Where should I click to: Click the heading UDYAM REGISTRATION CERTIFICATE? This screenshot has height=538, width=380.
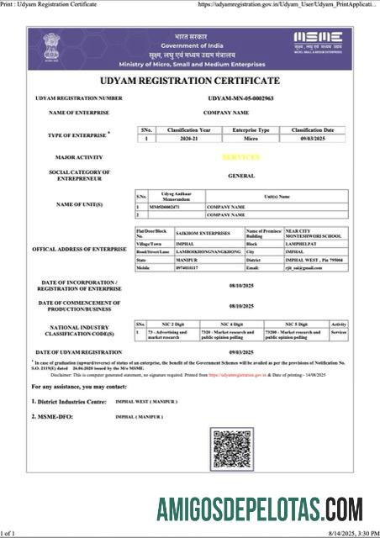click(190, 81)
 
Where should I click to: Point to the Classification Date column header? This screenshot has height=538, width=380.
click(313, 130)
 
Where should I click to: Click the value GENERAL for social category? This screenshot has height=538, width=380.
click(241, 176)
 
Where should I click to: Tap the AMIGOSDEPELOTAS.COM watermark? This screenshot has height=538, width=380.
click(260, 510)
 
